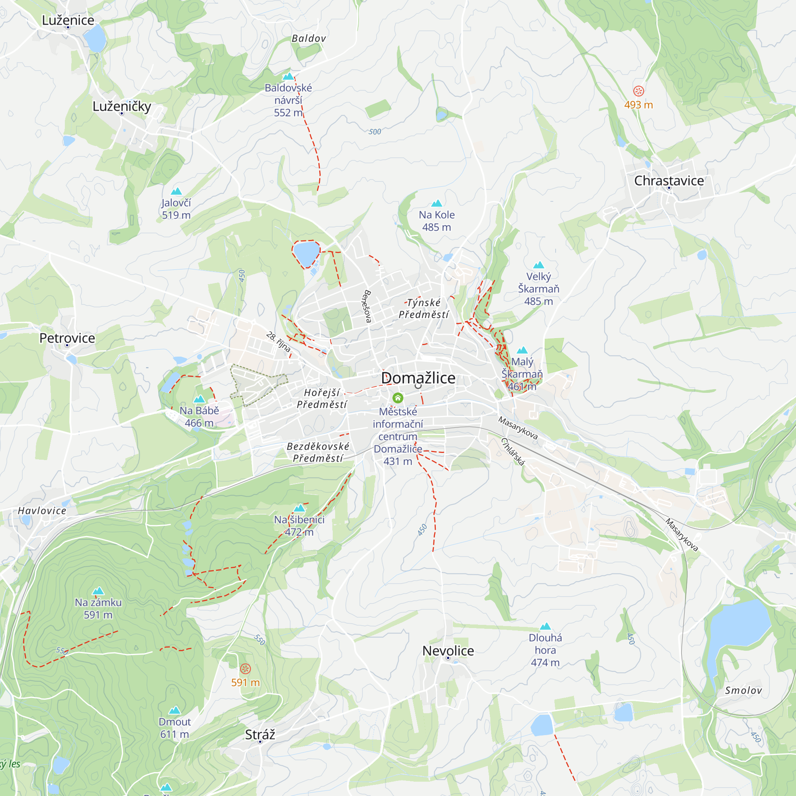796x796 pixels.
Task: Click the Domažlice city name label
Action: [x=418, y=378]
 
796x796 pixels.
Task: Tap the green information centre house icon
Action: [x=398, y=398]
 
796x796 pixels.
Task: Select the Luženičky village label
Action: [x=121, y=106]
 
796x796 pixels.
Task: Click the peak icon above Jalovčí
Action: [x=176, y=191]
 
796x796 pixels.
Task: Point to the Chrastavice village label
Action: [x=669, y=180]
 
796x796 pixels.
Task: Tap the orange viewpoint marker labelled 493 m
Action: [x=638, y=91]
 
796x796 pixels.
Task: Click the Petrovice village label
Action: [x=67, y=338]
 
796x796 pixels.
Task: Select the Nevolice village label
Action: [x=448, y=651]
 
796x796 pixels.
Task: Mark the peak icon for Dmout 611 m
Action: [x=175, y=710]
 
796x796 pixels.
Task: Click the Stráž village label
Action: [x=259, y=735]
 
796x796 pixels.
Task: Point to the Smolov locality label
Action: [x=743, y=691]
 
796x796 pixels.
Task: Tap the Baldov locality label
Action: [x=308, y=38]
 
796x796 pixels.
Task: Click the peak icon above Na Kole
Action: [x=436, y=203]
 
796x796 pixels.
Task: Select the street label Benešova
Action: [x=367, y=306]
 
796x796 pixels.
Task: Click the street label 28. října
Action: [x=278, y=341]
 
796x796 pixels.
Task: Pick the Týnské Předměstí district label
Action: [x=423, y=308]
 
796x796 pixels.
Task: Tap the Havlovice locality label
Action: [x=42, y=511]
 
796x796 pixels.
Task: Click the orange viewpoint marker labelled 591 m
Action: [x=245, y=668]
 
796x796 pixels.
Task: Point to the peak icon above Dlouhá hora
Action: [x=545, y=626]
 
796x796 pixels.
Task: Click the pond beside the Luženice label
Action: [x=95, y=38]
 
